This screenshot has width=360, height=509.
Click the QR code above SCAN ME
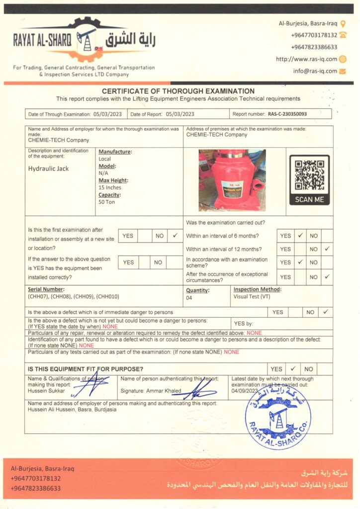click(309, 174)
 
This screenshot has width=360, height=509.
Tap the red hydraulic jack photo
click(232, 180)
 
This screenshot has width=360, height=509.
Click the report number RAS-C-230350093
click(287, 114)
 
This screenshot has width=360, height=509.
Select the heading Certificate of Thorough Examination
click(178, 91)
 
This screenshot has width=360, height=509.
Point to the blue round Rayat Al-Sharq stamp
click(278, 417)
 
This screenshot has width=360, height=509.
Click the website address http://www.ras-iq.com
click(306, 59)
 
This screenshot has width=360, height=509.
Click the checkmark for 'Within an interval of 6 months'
click(300, 236)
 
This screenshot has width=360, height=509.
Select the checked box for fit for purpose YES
click(293, 369)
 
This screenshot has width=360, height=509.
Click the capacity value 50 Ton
click(106, 202)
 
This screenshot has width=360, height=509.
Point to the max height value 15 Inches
click(110, 187)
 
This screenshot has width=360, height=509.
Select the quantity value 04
click(189, 297)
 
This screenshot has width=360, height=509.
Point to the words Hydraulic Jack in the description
click(49, 169)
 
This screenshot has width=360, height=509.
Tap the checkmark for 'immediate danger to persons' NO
click(326, 312)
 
